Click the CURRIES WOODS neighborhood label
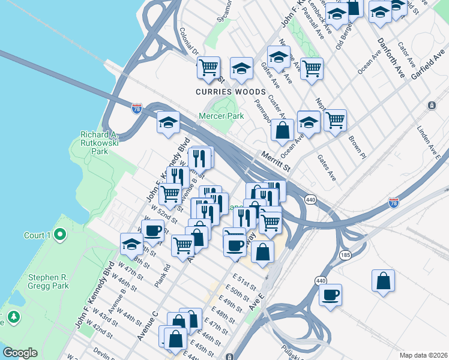(230, 92)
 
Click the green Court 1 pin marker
(59, 235)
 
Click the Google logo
(20, 353)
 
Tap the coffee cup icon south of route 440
(330, 295)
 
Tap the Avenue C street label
(147, 326)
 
